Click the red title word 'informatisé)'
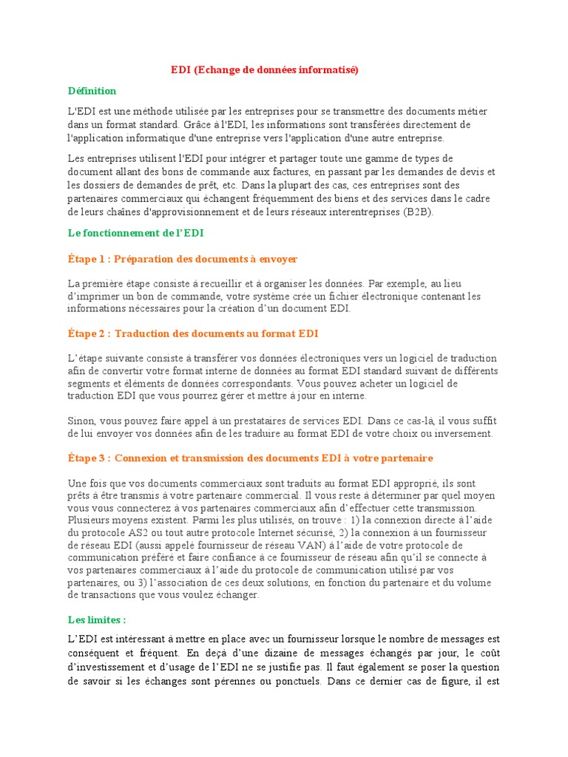tap(331, 70)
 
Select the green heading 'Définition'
tap(92, 91)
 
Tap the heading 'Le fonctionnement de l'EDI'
tap(135, 233)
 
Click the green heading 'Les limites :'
tap(96, 619)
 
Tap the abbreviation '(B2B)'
tap(419, 212)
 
